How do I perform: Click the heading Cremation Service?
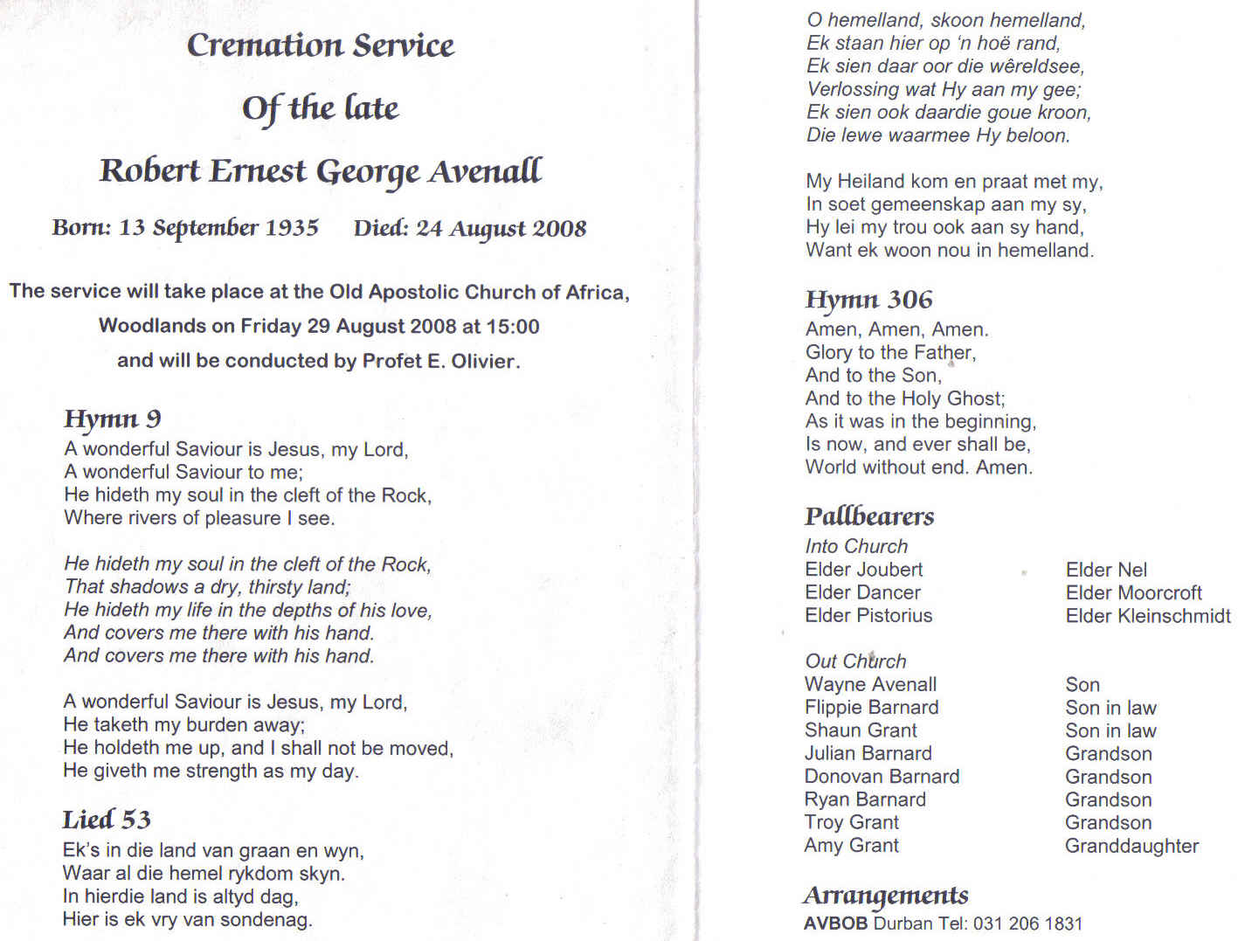pyautogui.click(x=320, y=45)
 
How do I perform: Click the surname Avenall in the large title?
pyautogui.click(x=485, y=171)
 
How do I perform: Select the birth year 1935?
pyautogui.click(x=292, y=228)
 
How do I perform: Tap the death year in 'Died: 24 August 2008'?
pyautogui.click(x=559, y=229)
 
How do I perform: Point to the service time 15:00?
pyautogui.click(x=513, y=327)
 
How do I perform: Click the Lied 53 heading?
pyautogui.click(x=106, y=820)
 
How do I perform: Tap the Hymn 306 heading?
pyautogui.click(x=868, y=300)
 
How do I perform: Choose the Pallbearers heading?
pyautogui.click(x=869, y=516)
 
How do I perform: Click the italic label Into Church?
pyautogui.click(x=856, y=547)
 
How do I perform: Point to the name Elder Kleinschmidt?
pyautogui.click(x=1147, y=616)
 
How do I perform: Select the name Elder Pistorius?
pyautogui.click(x=868, y=616)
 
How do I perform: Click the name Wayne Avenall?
pyautogui.click(x=870, y=685)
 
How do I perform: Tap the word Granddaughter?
pyautogui.click(x=1131, y=846)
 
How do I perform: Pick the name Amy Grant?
pyautogui.click(x=851, y=846)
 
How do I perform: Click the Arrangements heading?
pyautogui.click(x=886, y=896)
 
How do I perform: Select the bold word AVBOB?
pyautogui.click(x=835, y=924)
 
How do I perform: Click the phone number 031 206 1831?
pyautogui.click(x=1027, y=924)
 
